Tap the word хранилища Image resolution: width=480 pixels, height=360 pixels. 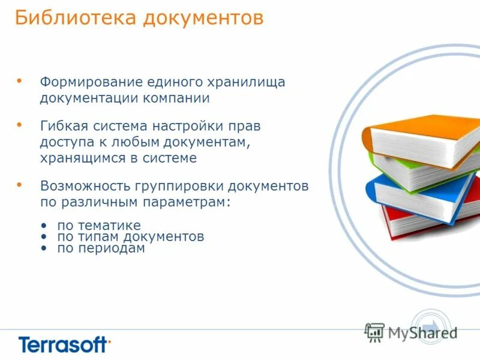tap(245, 82)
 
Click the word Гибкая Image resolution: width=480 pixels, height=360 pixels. tap(63, 127)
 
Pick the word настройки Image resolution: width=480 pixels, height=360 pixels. tap(195, 127)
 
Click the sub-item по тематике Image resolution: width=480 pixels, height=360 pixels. tap(98, 226)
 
